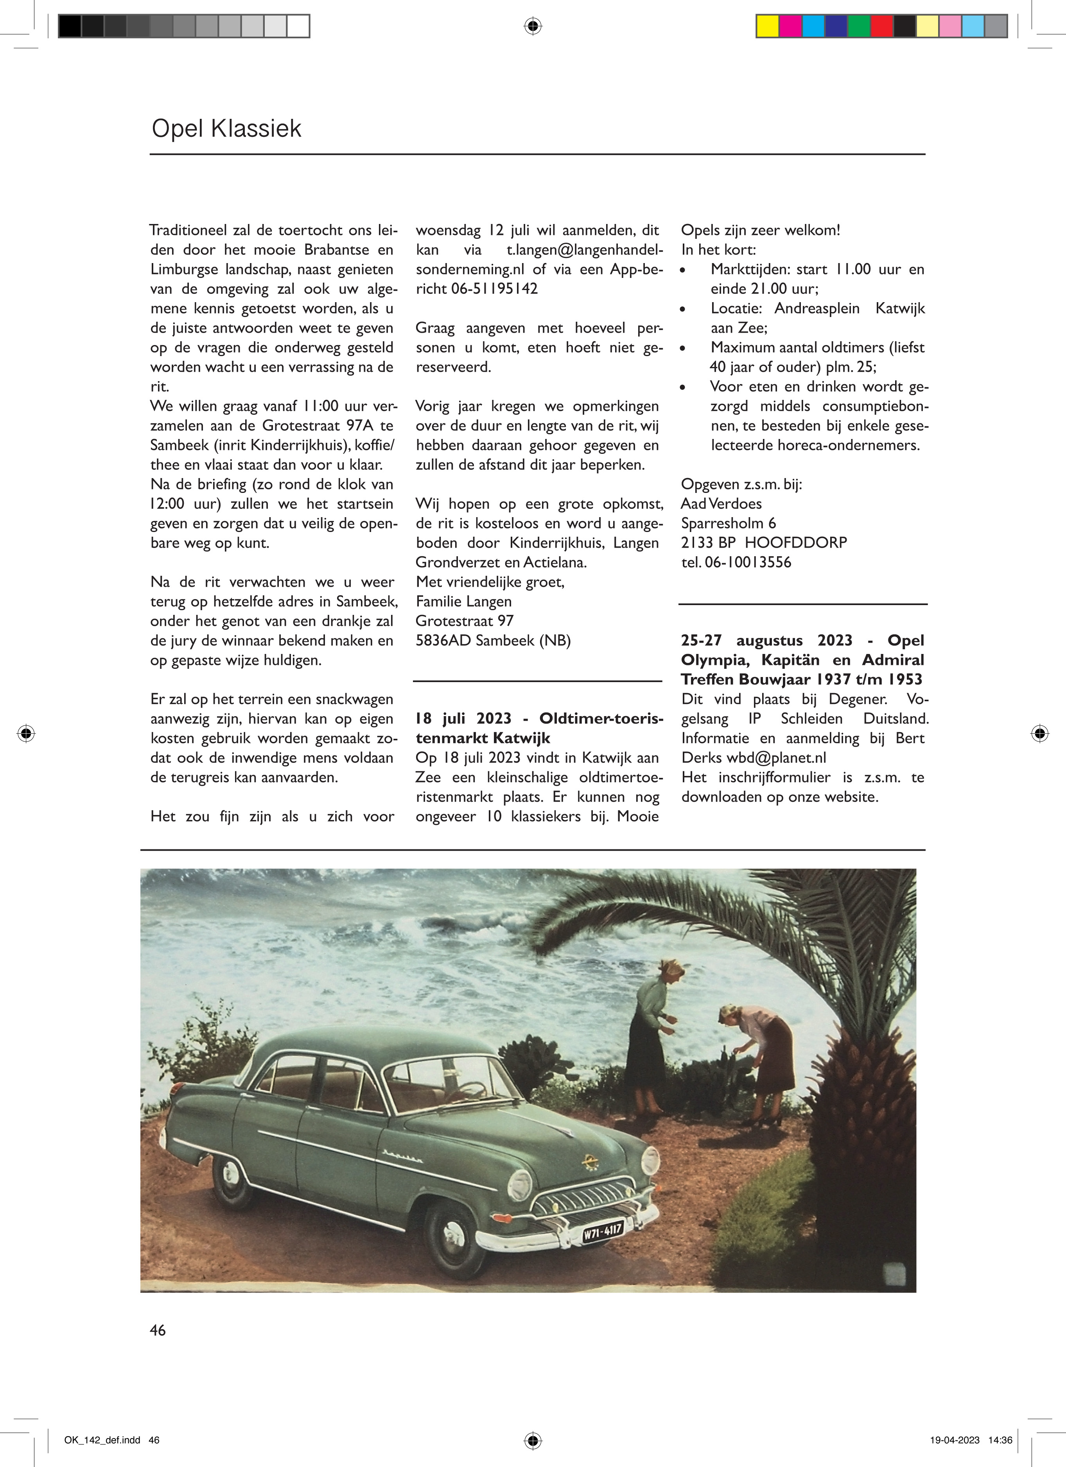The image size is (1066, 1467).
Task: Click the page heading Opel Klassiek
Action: (x=226, y=129)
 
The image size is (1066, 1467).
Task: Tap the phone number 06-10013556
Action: (x=748, y=562)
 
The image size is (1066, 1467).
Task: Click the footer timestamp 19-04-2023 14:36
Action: (x=971, y=1440)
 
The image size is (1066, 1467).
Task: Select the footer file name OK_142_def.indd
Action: (x=102, y=1440)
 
